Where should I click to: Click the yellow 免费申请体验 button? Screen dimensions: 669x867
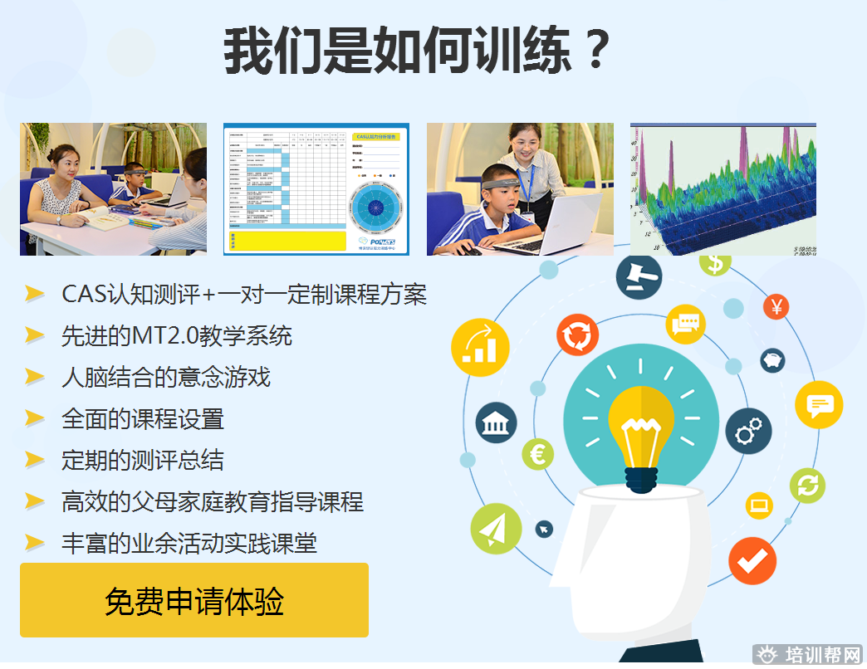pos(193,600)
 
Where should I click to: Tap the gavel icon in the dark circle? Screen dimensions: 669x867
pos(638,276)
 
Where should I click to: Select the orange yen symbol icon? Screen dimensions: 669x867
pos(776,307)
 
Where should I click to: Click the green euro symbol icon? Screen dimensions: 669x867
pos(537,454)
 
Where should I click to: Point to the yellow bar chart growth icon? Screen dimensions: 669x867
pos(480,348)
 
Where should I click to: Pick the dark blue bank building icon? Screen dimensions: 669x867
pos(496,423)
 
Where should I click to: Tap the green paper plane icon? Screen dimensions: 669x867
pos(496,529)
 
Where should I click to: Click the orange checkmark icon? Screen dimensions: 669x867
pos(752,561)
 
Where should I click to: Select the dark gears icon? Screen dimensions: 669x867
pos(748,432)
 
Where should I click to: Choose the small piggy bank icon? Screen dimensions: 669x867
pos(772,359)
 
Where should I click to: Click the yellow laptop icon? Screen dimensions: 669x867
pos(759,504)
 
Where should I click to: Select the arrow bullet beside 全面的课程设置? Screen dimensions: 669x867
pos(34,418)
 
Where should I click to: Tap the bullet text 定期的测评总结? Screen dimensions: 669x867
pos(142,460)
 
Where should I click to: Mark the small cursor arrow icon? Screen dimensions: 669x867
pos(544,528)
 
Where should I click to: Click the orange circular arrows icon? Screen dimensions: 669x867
pos(578,335)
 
